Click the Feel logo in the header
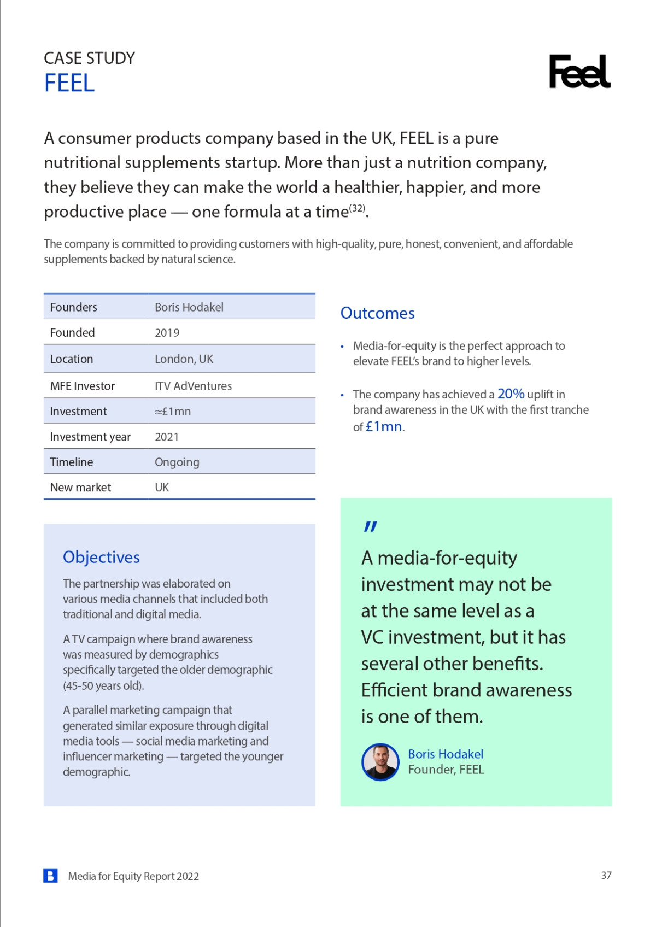pos(579,72)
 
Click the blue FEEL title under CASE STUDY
pos(69,84)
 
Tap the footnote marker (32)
pos(357,208)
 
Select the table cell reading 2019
pos(167,333)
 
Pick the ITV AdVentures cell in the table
pos(193,386)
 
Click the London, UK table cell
pos(184,359)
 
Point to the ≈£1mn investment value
pos(173,412)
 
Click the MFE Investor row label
pos(83,386)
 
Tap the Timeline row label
pos(72,462)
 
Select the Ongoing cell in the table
pos(177,462)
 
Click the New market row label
pos(80,488)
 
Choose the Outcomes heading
pos(377,313)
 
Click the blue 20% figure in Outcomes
pos(511,394)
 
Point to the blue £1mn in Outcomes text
pos(384,426)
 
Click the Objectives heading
pos(101,557)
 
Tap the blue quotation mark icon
pos(370,526)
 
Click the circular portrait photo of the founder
pos(380,761)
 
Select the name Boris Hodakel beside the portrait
pos(446,754)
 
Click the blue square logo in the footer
pos(50,876)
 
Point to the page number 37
pos(606,875)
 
